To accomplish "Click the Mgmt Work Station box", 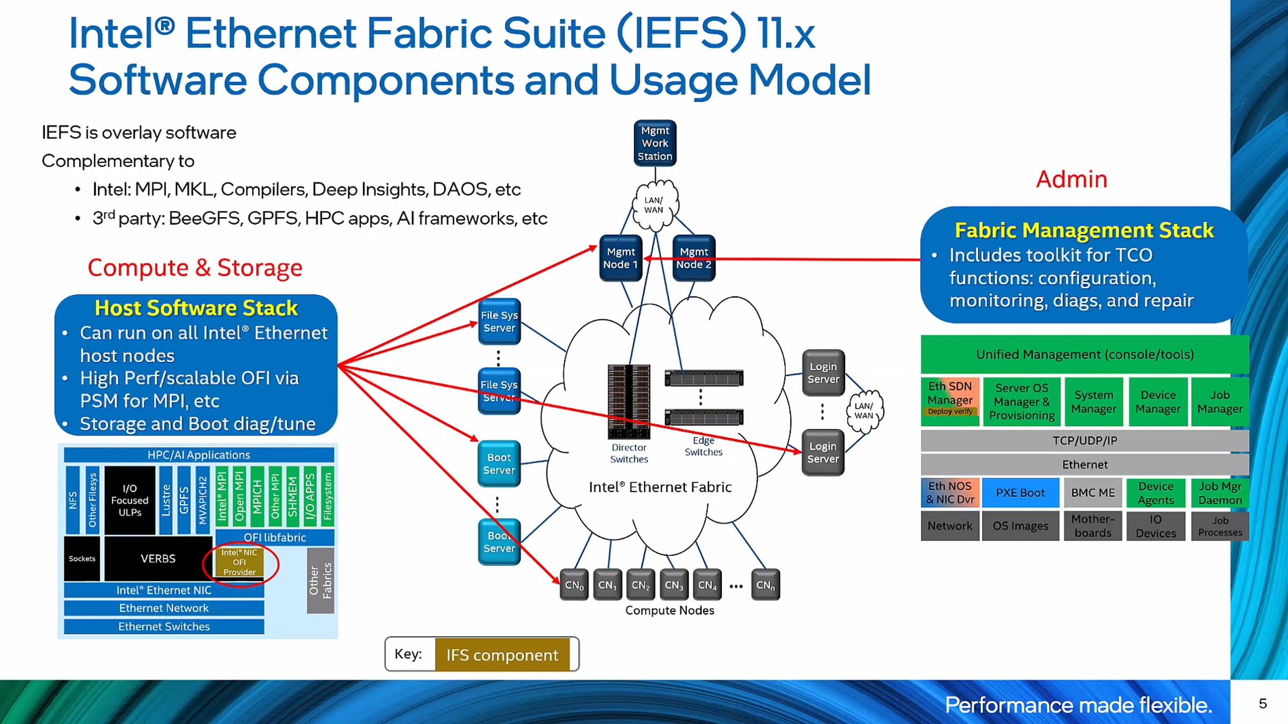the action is (655, 143).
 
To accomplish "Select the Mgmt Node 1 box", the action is (621, 258).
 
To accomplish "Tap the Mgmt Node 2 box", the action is (694, 258).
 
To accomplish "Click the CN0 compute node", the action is (574, 585).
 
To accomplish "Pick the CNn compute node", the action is (766, 585).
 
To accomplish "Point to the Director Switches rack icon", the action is (629, 402).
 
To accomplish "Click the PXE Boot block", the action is (1020, 493).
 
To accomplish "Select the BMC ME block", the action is (1093, 493).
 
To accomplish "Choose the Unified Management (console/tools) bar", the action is (1085, 354).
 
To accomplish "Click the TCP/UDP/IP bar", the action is (1085, 441).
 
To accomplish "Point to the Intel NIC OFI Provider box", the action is (239, 562).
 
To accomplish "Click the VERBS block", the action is (158, 559).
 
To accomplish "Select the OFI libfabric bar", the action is (275, 537).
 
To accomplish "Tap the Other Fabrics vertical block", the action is (320, 581).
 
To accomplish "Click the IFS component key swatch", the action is (502, 655).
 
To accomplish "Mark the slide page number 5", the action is (1263, 704).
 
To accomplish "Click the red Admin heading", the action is (1072, 179).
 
